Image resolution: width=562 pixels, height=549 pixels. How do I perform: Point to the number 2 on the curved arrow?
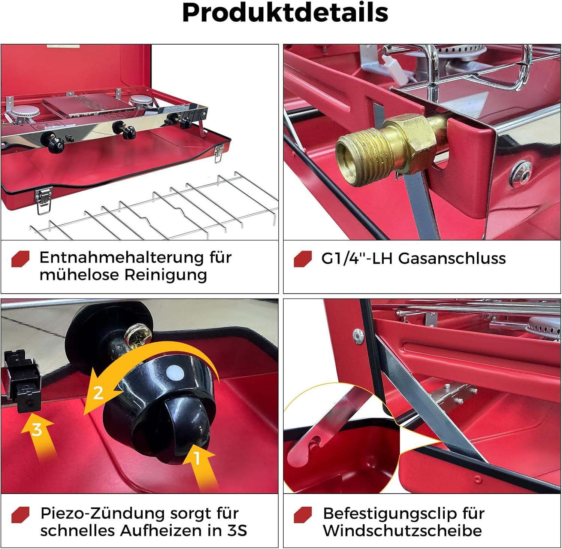pyautogui.click(x=98, y=393)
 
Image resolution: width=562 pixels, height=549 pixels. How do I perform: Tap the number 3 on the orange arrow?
pyautogui.click(x=37, y=430)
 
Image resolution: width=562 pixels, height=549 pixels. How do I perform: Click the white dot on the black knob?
pyautogui.click(x=175, y=373)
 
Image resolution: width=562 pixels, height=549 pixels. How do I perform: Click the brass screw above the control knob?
pyautogui.click(x=136, y=336)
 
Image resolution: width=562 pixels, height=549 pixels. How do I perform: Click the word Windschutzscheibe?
pyautogui.click(x=402, y=531)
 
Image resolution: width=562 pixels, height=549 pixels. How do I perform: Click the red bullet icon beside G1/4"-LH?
pyautogui.click(x=303, y=259)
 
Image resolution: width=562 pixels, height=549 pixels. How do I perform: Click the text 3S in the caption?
pyautogui.click(x=238, y=531)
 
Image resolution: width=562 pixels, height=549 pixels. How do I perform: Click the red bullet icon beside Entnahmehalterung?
pyautogui.click(x=20, y=259)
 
